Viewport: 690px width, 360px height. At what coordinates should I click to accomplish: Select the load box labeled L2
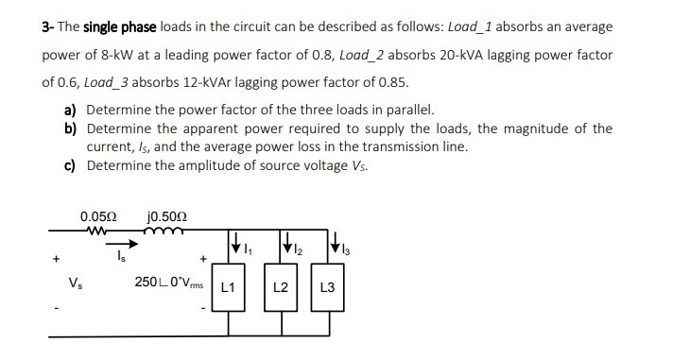point(280,286)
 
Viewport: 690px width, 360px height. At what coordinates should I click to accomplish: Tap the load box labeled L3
point(327,286)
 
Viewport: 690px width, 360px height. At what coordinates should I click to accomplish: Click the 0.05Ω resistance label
point(98,213)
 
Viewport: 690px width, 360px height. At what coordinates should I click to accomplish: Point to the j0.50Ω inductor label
point(166,213)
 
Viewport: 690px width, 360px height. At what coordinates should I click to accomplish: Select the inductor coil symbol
point(164,228)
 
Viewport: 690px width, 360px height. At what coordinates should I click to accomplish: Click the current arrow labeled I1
point(233,248)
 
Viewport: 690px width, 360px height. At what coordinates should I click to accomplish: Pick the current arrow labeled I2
point(285,248)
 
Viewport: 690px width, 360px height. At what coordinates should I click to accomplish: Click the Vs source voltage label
point(76,282)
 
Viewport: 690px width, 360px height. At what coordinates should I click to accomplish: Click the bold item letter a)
point(72,110)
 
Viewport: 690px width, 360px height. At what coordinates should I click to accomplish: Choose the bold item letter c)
point(72,165)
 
